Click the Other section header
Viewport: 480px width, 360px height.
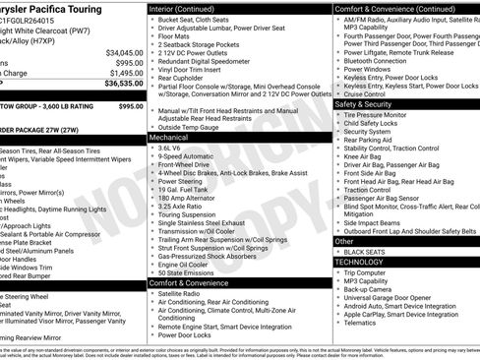pyautogui.click(x=344, y=240)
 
